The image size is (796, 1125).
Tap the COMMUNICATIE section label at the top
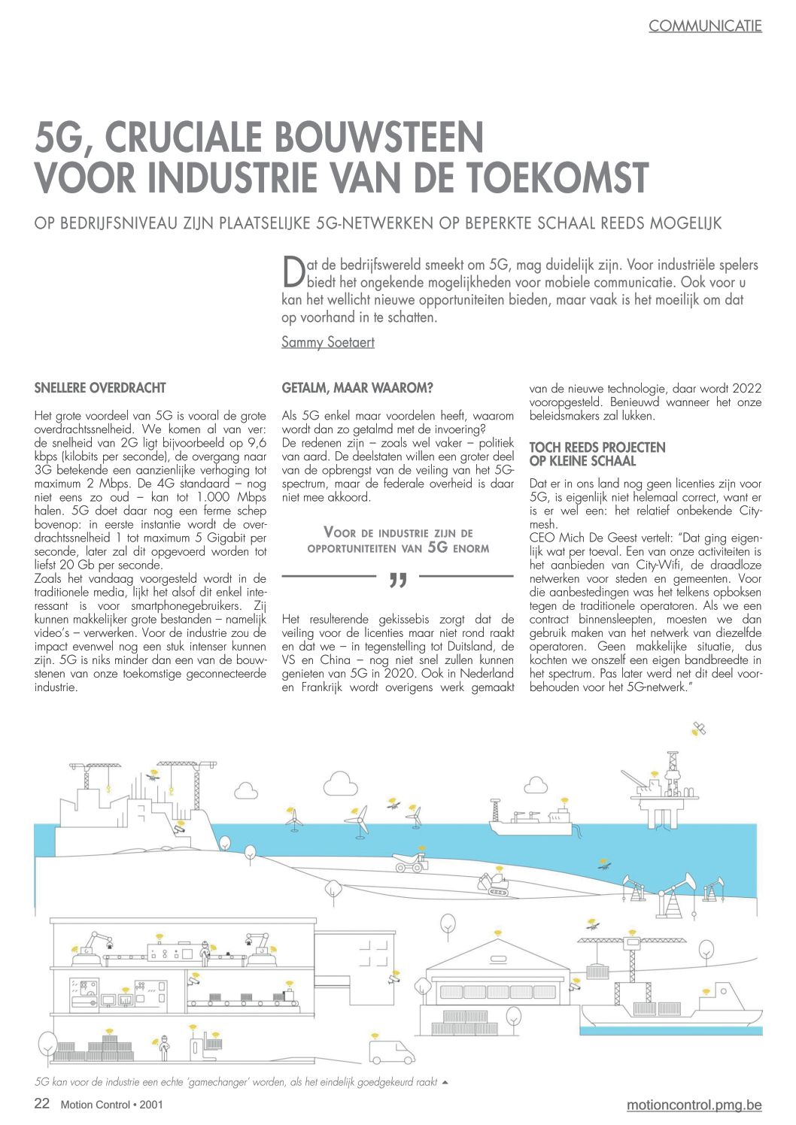click(705, 26)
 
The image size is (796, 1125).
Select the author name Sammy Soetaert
click(327, 342)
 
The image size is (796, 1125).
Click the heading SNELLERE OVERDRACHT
click(100, 388)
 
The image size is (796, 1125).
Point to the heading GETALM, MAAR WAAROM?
click(357, 388)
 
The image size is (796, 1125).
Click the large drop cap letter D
click(292, 271)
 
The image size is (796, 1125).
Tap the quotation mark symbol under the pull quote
click(398, 580)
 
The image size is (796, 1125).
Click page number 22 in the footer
click(42, 1104)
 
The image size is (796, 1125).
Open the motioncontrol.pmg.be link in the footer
click(694, 1105)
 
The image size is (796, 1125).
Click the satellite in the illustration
click(700, 727)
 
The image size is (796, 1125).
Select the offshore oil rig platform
click(667, 790)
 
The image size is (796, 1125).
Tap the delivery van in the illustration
click(391, 1050)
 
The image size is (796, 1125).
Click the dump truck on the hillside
click(412, 862)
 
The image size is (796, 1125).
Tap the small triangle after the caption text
click(445, 1082)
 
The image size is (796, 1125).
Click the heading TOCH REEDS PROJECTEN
click(597, 447)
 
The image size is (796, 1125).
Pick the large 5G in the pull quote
click(438, 547)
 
